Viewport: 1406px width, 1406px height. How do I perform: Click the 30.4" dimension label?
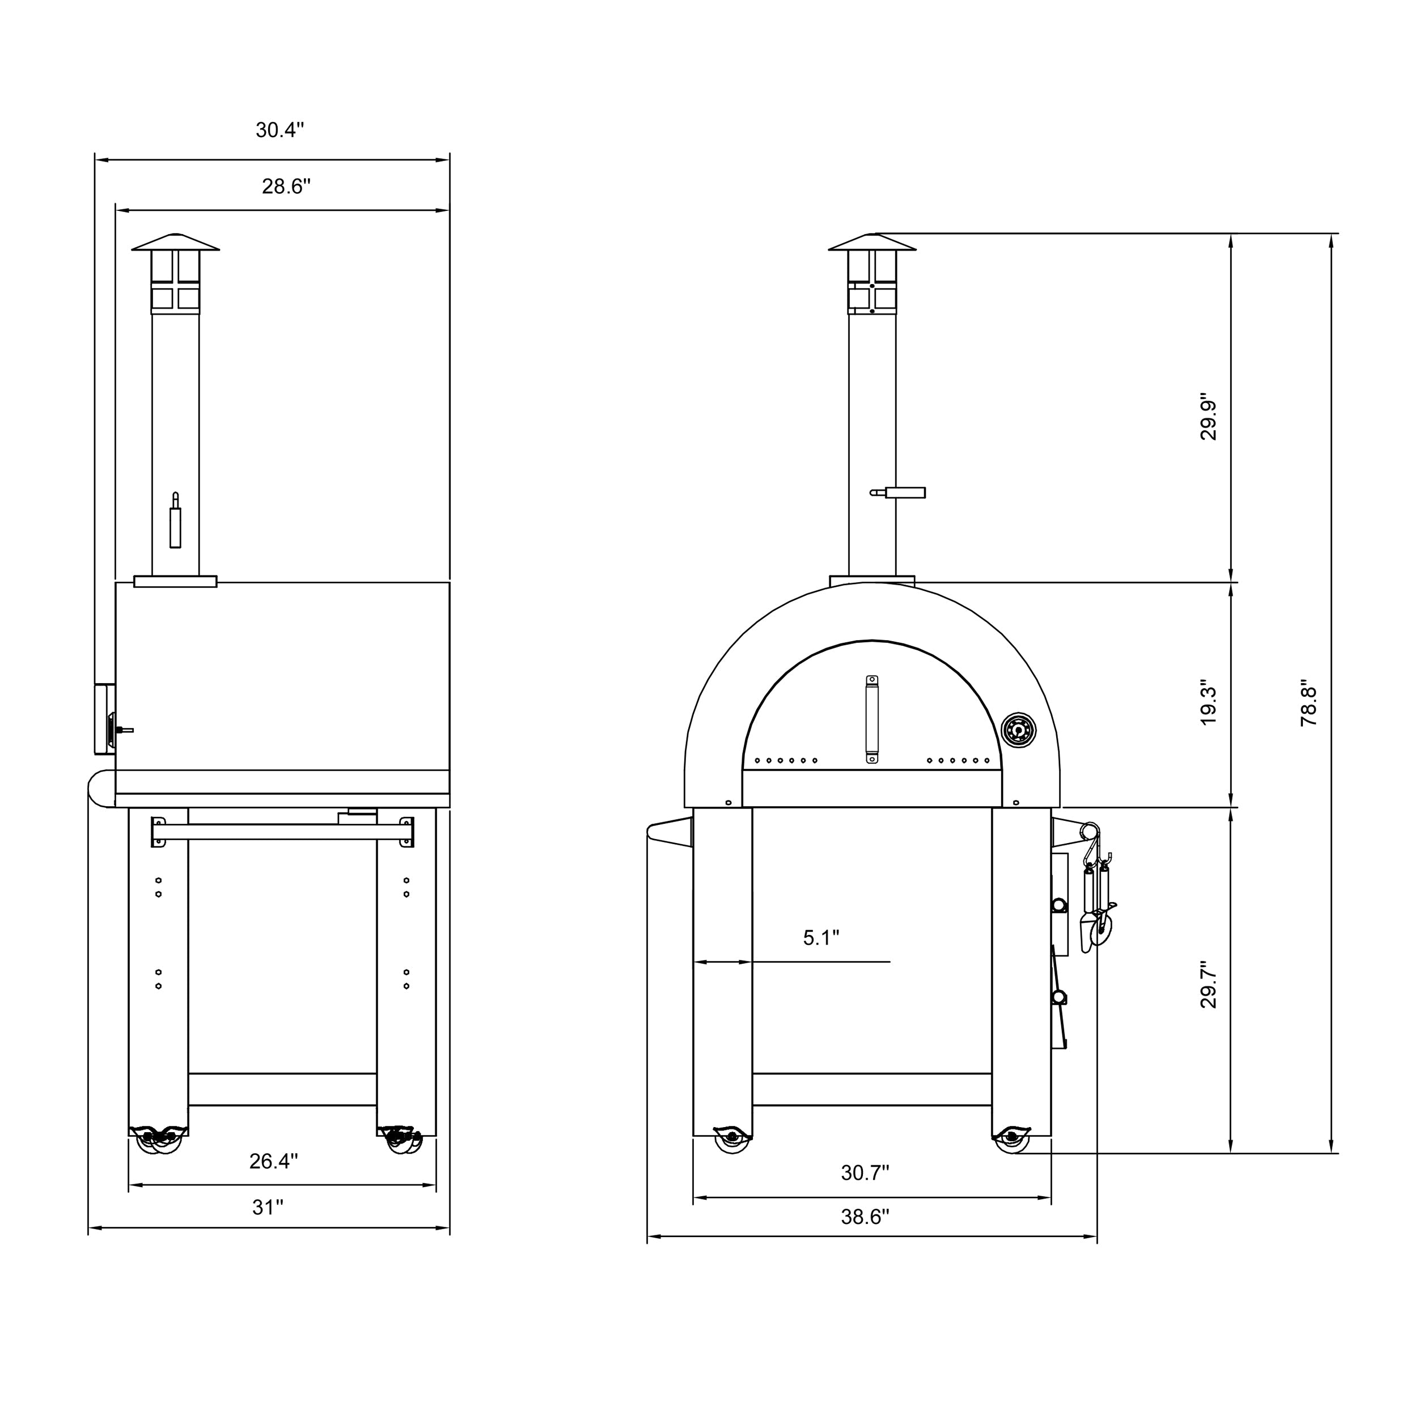(x=279, y=130)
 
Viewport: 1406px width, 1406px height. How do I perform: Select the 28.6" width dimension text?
(x=286, y=187)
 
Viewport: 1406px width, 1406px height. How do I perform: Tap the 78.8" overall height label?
(x=1308, y=706)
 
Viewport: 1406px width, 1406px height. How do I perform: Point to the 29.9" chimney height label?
(x=1208, y=420)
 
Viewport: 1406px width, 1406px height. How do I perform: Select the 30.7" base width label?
(x=865, y=1172)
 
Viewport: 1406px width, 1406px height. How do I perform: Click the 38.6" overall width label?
(x=865, y=1217)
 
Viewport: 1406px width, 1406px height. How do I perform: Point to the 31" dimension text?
(x=268, y=1208)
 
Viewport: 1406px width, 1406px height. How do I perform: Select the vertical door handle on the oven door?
(x=871, y=719)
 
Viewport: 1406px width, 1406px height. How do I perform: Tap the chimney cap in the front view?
(x=872, y=243)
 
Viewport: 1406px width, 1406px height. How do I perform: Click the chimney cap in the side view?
(x=175, y=243)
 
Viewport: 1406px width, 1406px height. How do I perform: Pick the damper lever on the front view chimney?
(x=899, y=493)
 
